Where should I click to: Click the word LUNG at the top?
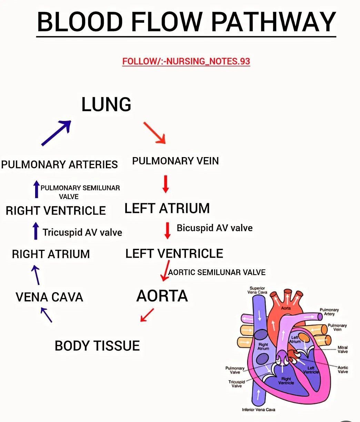[106, 104]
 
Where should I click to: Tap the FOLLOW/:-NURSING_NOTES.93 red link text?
[186, 61]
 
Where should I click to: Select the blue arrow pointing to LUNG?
[56, 133]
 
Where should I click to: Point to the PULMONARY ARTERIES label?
[59, 164]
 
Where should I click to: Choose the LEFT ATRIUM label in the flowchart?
[167, 208]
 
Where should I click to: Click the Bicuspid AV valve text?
[214, 228]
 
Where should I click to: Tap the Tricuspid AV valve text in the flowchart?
[82, 233]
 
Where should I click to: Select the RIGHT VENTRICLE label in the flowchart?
[56, 210]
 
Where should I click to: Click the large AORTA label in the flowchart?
[162, 296]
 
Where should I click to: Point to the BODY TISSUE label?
[97, 346]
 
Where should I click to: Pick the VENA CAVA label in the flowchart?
[49, 297]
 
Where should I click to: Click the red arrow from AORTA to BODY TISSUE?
[147, 315]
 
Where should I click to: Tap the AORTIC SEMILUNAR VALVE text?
[217, 272]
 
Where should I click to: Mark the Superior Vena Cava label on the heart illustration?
[257, 290]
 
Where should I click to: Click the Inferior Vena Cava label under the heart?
[258, 410]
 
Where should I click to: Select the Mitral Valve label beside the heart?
[342, 350]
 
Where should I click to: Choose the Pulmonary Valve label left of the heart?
[235, 370]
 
